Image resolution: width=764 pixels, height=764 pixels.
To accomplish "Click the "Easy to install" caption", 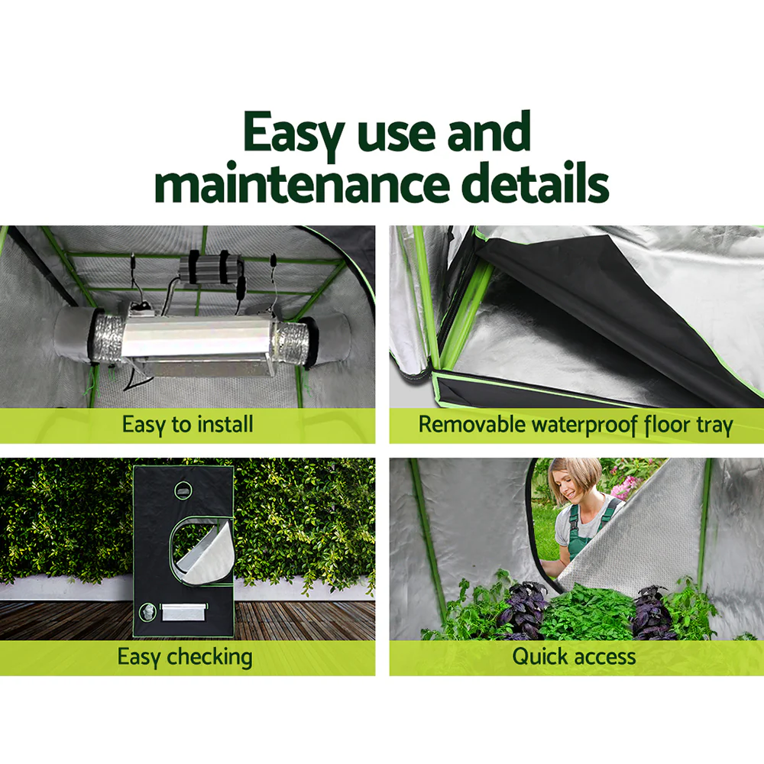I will (x=187, y=425).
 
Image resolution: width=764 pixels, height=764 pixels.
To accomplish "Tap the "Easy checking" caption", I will (x=184, y=656).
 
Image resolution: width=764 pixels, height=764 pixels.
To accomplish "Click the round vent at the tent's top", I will (x=183, y=489).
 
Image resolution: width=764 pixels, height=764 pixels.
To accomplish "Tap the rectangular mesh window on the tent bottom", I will (x=183, y=612).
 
